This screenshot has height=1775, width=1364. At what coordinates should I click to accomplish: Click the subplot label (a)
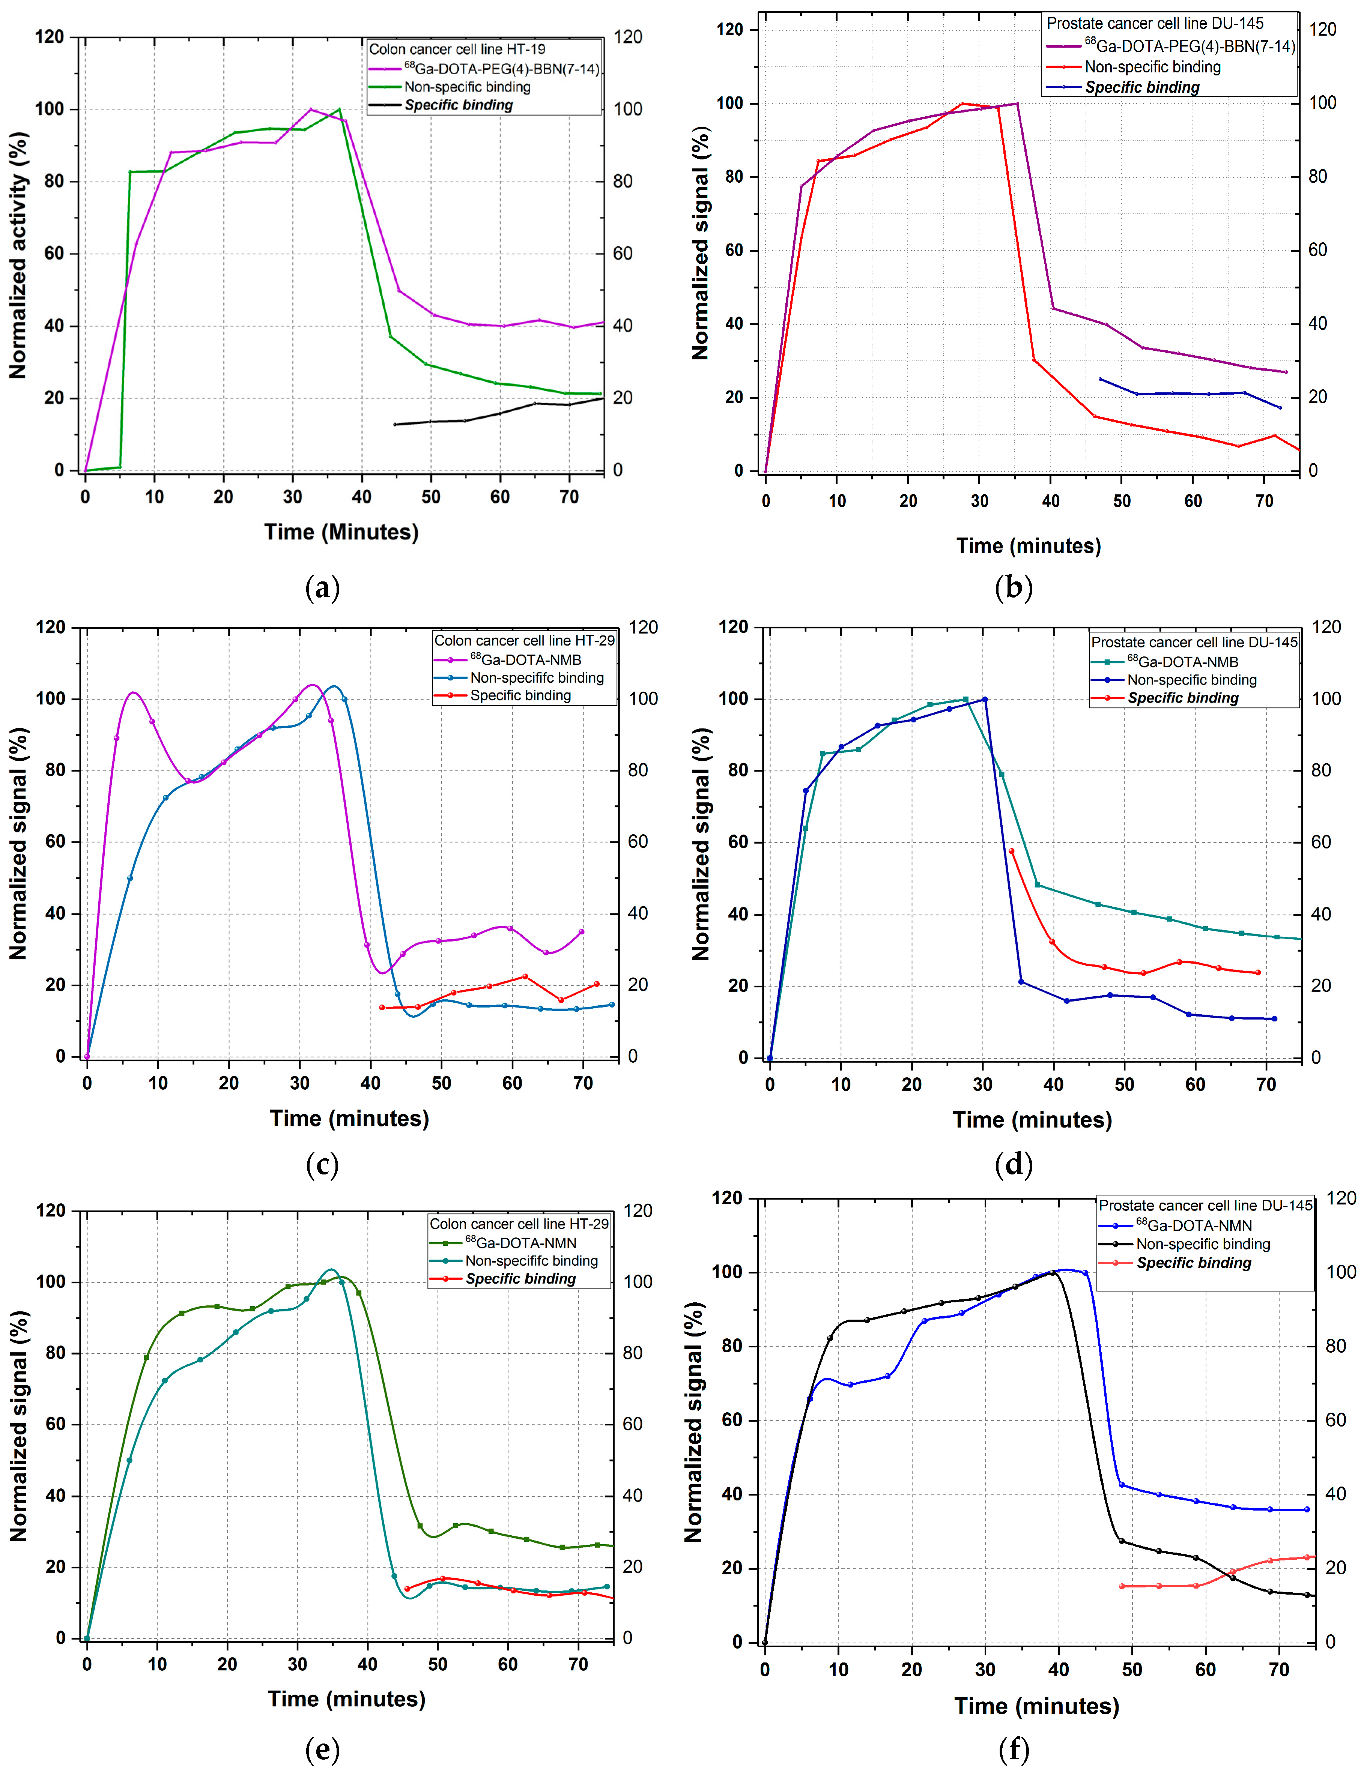[x=322, y=587]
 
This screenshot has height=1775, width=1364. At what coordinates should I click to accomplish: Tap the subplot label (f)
[x=1013, y=1749]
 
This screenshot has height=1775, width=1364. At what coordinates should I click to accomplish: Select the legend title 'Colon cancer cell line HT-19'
[x=457, y=50]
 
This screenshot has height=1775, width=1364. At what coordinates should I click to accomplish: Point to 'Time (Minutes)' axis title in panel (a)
[x=341, y=532]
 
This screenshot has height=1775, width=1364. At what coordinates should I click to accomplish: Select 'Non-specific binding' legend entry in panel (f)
[x=1202, y=1244]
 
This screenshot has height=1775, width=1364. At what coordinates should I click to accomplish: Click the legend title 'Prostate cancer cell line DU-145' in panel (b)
[x=1155, y=24]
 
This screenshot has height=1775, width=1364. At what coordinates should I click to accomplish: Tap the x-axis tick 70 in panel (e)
[x=578, y=1665]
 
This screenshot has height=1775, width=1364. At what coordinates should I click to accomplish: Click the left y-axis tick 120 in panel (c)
[x=50, y=628]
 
